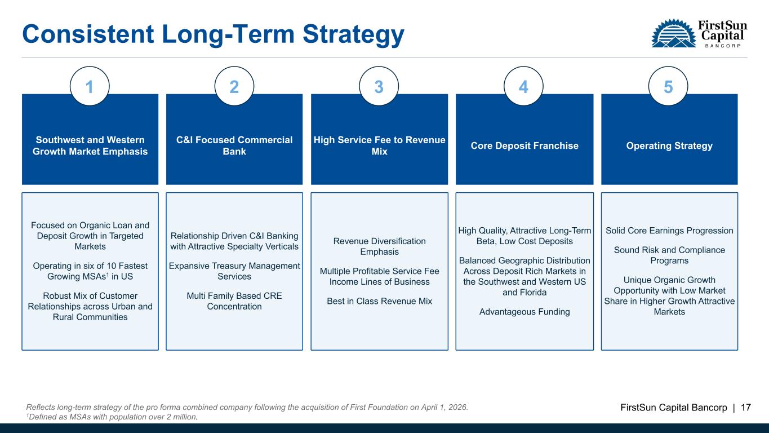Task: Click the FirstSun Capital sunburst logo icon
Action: pyautogui.click(x=673, y=33)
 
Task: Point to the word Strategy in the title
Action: pyautogui.click(x=354, y=35)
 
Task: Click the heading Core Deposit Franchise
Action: pyautogui.click(x=524, y=145)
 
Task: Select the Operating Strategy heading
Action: pyautogui.click(x=669, y=145)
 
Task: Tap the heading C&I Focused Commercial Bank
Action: pyautogui.click(x=234, y=145)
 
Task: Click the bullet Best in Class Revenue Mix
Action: pyautogui.click(x=379, y=301)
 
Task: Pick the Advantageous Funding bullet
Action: pyautogui.click(x=524, y=312)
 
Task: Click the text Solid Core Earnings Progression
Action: pyautogui.click(x=669, y=231)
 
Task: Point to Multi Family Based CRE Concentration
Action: pyautogui.click(x=234, y=301)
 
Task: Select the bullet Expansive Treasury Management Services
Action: pyautogui.click(x=234, y=271)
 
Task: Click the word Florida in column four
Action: pyautogui.click(x=532, y=293)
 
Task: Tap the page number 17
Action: pyautogui.click(x=746, y=408)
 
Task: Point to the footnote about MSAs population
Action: pyautogui.click(x=112, y=417)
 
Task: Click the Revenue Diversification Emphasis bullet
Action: pyautogui.click(x=379, y=246)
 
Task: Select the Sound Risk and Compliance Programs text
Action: pyautogui.click(x=669, y=255)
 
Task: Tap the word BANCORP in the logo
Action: pyautogui.click(x=722, y=46)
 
